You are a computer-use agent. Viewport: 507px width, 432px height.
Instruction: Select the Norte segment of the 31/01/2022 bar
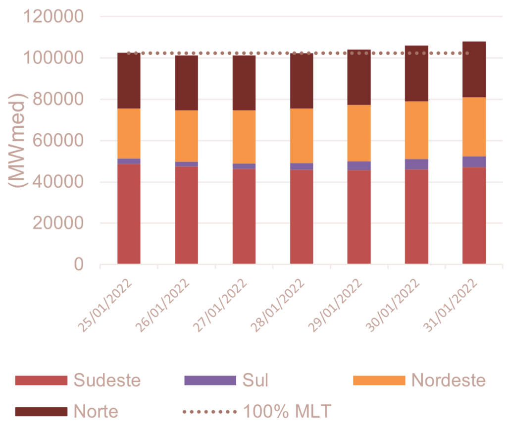(474, 69)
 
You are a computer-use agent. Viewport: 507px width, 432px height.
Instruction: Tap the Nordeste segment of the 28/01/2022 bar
(302, 136)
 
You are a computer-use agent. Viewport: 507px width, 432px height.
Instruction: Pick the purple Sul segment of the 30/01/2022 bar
(416, 164)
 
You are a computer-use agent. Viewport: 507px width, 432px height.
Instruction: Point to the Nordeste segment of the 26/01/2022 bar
(187, 136)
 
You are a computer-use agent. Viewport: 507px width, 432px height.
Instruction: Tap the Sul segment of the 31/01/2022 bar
(474, 162)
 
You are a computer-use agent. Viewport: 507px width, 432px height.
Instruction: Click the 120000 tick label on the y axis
(54, 17)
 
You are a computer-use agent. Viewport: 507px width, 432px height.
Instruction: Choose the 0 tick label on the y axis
(79, 265)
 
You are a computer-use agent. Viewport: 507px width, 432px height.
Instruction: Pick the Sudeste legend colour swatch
(41, 380)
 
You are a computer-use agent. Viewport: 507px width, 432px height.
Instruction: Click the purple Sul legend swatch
(210, 380)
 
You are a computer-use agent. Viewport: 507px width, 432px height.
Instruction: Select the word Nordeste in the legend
(448, 380)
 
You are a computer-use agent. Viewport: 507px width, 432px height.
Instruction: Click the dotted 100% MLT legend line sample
(210, 411)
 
